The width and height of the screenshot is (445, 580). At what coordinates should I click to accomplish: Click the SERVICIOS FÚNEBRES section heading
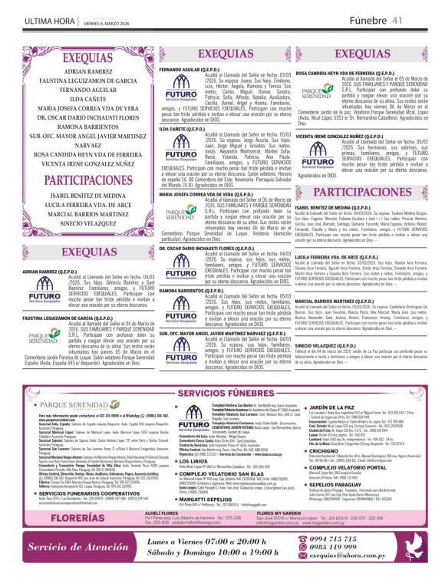click(222, 394)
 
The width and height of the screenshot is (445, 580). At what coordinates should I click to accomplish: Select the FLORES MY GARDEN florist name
click(306, 512)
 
